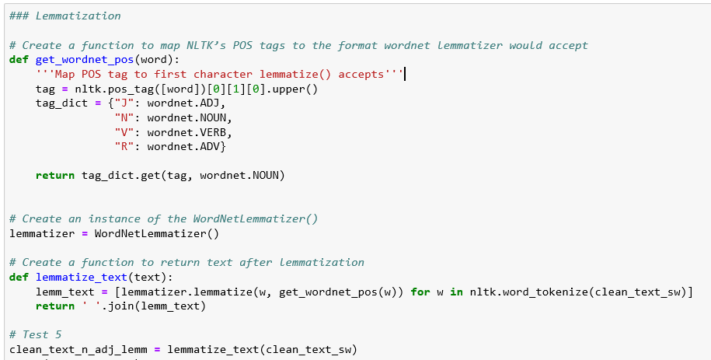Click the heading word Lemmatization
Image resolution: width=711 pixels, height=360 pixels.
click(x=81, y=16)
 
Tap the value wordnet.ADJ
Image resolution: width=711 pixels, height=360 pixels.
click(x=179, y=103)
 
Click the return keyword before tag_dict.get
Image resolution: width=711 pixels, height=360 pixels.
click(x=55, y=176)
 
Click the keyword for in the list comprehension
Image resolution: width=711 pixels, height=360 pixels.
click(x=420, y=292)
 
